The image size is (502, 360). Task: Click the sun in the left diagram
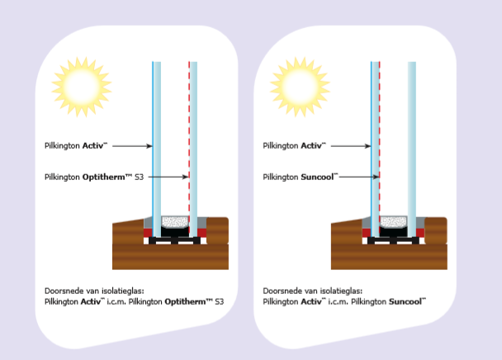tap(81, 88)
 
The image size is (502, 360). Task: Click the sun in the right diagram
tap(300, 88)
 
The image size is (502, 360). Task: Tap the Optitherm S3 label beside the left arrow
tap(94, 178)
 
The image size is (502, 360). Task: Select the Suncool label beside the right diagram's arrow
tap(301, 178)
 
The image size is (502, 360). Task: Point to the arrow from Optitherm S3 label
tap(168, 177)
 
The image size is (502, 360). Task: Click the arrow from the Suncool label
tap(359, 177)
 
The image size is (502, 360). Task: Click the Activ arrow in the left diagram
tap(132, 146)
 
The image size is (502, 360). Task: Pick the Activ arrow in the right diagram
tap(351, 146)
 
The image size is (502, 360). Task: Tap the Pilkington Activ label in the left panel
tap(76, 145)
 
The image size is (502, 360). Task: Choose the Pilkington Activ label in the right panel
tap(295, 145)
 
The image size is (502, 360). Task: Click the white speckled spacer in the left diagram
tap(175, 221)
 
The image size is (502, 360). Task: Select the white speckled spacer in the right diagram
tap(394, 221)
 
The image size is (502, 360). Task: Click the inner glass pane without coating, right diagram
tap(412, 149)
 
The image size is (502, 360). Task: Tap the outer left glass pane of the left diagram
tap(156, 149)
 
